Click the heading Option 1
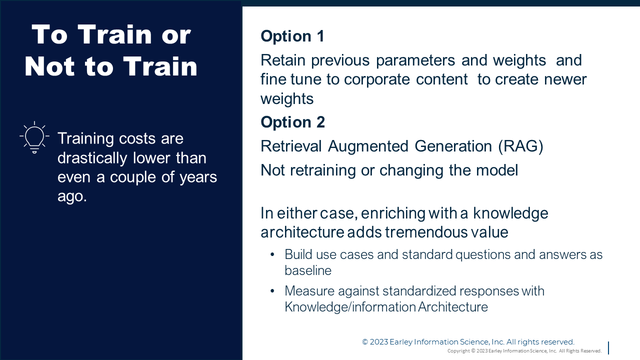pos(292,36)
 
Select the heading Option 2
pos(293,122)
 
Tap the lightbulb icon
pos(34,137)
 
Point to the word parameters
pos(415,61)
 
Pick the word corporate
pos(377,79)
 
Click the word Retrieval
pos(291,146)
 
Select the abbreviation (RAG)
pos(520,147)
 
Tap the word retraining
pos(323,170)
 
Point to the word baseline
pos(308,270)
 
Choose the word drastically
pos(92,158)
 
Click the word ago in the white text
pos(72,197)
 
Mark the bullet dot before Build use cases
pos(272,254)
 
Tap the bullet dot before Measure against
pos(272,291)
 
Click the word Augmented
pos(368,147)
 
